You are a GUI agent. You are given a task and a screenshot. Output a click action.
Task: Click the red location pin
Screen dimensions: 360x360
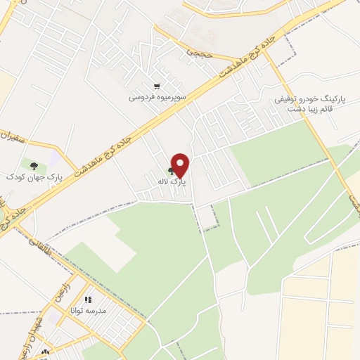coord(181,165)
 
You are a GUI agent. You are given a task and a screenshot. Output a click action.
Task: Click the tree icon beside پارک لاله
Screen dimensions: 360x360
coord(171,171)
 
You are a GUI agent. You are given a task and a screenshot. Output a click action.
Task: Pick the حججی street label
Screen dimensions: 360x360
coord(198,51)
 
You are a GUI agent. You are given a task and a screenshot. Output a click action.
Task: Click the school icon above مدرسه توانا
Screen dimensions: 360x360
coord(88,300)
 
